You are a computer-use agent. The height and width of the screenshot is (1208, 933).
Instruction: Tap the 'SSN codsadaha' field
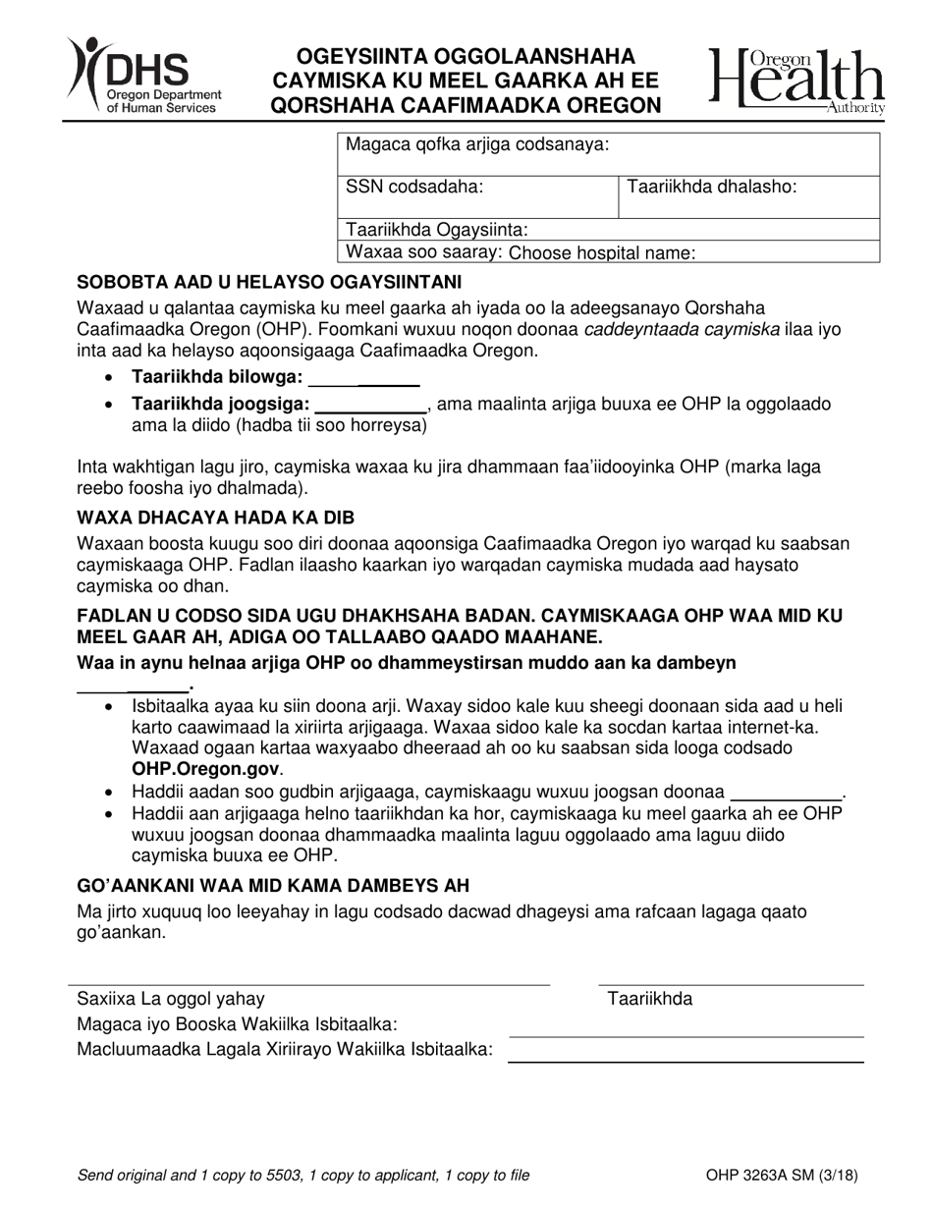coord(477,196)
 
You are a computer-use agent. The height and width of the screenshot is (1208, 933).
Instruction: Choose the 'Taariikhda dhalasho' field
coord(748,196)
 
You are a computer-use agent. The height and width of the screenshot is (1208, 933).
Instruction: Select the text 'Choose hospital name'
coord(603,252)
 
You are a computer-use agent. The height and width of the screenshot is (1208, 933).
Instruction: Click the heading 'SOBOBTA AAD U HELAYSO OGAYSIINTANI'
coord(269,282)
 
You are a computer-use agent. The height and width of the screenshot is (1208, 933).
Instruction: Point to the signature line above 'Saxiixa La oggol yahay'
coord(308,982)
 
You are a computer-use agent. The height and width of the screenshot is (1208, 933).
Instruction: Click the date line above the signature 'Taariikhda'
coord(731,982)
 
